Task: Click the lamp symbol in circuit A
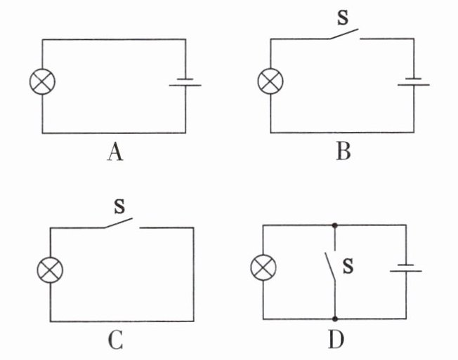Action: coord(42,81)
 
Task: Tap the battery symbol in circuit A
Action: coord(185,84)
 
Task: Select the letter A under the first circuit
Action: coord(115,151)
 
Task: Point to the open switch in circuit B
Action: coord(344,35)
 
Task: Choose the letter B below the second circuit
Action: coord(343,151)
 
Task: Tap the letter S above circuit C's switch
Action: coord(119,206)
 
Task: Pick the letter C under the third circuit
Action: coord(116,340)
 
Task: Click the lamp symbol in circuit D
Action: coord(263,267)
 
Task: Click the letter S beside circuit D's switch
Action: coord(347,266)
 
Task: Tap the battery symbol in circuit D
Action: coord(405,268)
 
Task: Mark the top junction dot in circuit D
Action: coord(334,226)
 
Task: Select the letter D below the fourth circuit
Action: coord(336,340)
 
